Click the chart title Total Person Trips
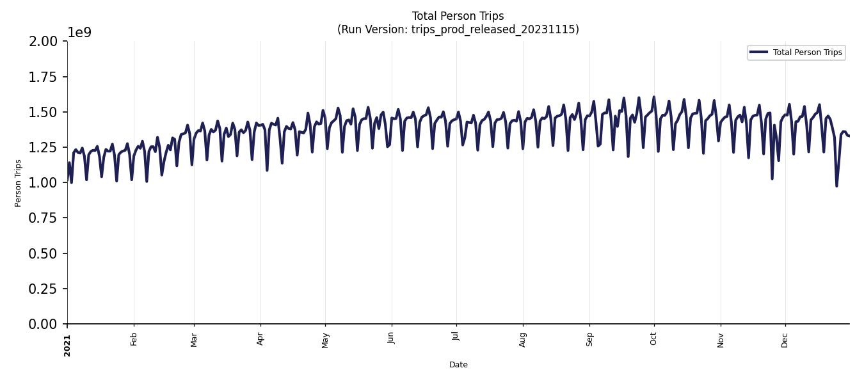(458, 16)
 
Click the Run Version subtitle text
(458, 29)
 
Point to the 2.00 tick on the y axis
(43, 42)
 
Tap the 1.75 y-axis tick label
(43, 77)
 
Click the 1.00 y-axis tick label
(43, 183)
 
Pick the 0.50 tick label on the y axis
(43, 253)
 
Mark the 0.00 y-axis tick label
(43, 324)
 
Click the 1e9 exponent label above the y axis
(79, 33)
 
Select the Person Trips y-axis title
(18, 183)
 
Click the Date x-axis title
(458, 365)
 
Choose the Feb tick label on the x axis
(134, 339)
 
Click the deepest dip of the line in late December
(836, 186)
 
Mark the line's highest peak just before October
(653, 97)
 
